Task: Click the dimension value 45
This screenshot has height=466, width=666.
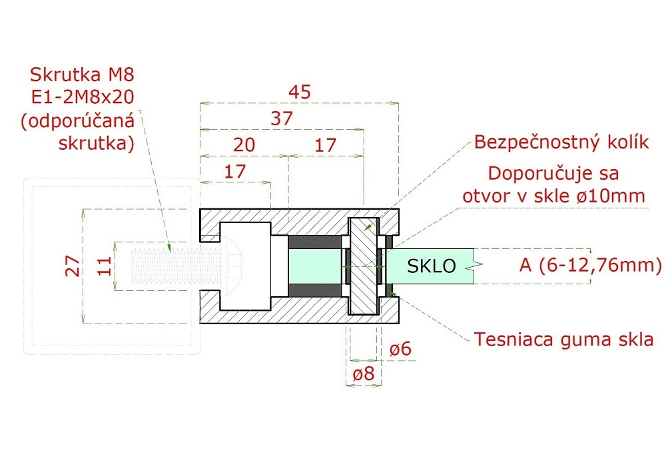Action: pos(300,92)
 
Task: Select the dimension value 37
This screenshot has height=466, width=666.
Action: pos(282,118)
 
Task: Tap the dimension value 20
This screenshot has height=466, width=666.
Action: pos(244,145)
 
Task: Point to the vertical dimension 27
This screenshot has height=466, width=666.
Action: pos(73,266)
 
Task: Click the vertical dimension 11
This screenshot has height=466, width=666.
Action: pos(105,266)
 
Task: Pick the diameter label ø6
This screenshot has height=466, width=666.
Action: pos(400,349)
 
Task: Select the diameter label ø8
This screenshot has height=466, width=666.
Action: pos(364,374)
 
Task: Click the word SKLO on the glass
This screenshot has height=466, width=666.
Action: pos(431,266)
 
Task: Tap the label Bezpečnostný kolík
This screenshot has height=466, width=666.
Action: pos(561,142)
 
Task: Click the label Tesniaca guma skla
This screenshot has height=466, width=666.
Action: pos(563,340)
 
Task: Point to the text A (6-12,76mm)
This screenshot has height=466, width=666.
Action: pos(590,265)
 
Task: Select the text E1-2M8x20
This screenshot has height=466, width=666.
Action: pos(83,98)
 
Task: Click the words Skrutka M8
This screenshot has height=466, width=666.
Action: pos(82,75)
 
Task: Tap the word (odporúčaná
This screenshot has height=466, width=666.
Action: pos(78,120)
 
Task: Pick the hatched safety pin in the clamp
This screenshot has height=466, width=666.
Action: pos(363,266)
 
